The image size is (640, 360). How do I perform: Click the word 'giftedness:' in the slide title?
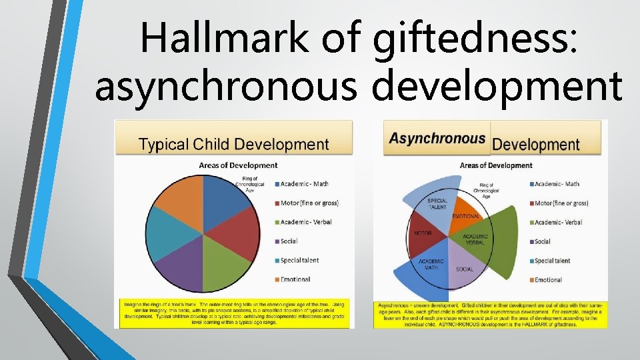click(475, 39)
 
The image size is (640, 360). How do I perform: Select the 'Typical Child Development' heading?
click(233, 144)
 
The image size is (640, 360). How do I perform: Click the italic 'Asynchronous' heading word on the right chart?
click(437, 139)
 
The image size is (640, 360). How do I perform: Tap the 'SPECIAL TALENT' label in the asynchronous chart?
click(437, 203)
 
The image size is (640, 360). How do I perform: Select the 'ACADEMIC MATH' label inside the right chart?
click(431, 265)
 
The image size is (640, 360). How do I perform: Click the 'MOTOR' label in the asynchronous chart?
click(423, 234)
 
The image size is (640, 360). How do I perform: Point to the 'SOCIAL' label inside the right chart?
click(465, 269)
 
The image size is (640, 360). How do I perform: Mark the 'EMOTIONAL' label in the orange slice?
click(466, 217)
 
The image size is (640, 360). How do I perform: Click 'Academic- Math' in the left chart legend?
click(305, 184)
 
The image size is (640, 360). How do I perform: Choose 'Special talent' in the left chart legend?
click(299, 260)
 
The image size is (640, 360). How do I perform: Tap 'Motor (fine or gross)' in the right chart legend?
click(561, 203)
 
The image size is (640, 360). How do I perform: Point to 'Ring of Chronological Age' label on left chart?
click(250, 184)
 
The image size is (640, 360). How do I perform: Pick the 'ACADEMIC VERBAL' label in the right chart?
click(475, 239)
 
